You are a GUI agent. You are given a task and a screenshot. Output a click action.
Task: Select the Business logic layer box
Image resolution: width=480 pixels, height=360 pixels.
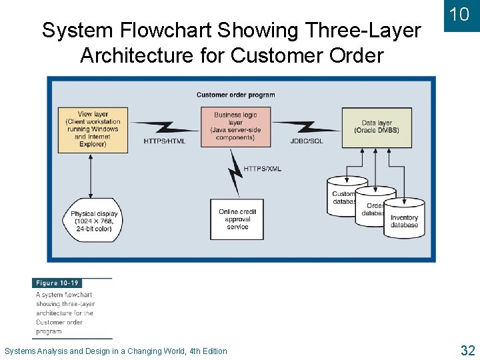click(236, 127)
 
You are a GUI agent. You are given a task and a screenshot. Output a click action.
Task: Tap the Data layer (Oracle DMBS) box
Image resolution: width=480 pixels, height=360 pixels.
click(377, 127)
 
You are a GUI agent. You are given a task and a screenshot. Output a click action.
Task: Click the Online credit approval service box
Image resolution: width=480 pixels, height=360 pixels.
click(237, 219)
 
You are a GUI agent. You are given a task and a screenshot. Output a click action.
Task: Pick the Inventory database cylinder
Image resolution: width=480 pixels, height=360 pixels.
click(405, 218)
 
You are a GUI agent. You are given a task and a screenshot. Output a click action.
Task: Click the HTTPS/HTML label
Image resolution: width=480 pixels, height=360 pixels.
click(165, 141)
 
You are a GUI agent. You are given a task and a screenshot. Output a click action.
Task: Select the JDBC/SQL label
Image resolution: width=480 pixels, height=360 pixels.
click(307, 141)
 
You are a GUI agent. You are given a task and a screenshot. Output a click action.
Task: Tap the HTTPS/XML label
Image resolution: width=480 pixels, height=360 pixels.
click(263, 169)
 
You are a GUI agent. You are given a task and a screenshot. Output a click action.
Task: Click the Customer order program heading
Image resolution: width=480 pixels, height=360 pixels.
click(236, 95)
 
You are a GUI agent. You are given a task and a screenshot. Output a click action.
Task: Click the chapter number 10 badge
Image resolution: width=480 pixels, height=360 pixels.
click(459, 15)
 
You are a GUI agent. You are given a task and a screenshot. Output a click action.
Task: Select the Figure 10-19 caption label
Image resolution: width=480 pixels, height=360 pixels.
click(57, 283)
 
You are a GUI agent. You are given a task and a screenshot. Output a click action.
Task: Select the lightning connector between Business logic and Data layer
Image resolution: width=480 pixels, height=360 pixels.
click(306, 125)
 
